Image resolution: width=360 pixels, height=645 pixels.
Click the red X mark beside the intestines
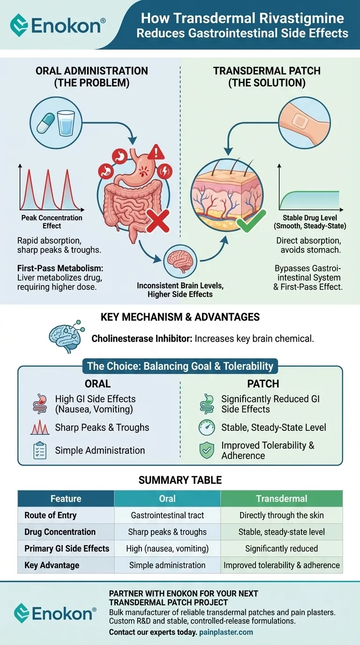[158, 220]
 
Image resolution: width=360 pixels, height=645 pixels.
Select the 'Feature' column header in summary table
[66, 499]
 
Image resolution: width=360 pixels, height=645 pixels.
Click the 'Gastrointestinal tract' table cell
[167, 516]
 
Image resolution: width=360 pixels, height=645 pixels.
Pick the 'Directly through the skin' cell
[281, 516]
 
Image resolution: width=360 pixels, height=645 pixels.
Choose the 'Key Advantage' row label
[52, 565]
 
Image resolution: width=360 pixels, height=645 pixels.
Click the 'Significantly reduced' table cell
[281, 548]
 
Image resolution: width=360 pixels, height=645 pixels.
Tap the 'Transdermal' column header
[281, 499]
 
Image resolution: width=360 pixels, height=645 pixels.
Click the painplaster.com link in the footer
[226, 632]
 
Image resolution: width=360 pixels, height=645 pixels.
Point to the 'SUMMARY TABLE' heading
[180, 480]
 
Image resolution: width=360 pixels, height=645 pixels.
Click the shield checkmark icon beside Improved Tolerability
[207, 450]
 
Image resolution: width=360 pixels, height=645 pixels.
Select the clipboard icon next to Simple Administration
[39, 450]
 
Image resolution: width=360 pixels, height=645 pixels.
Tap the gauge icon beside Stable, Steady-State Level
[207, 427]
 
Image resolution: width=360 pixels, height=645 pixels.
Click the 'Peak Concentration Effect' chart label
[52, 222]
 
